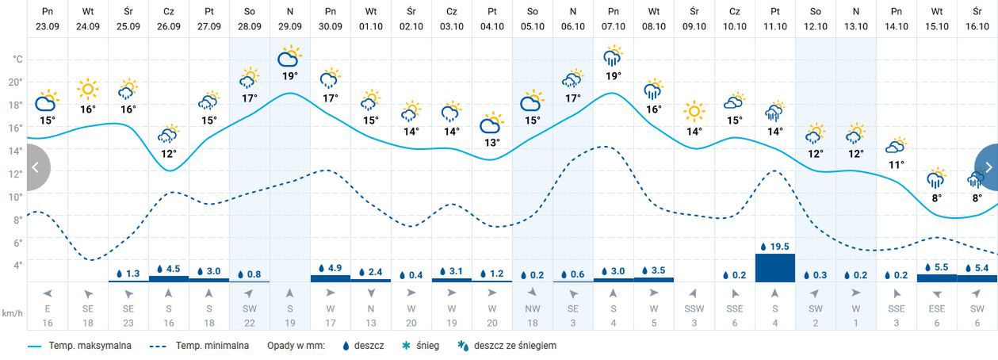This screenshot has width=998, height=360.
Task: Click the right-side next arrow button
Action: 988,167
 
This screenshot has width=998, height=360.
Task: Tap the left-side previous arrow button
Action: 36,167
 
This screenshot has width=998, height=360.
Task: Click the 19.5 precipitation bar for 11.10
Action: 775,267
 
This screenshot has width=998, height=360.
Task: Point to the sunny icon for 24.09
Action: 87,90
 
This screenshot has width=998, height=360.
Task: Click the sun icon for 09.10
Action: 694,112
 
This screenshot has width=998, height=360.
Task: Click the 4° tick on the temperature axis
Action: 15,265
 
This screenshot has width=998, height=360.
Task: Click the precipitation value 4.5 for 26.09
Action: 169,269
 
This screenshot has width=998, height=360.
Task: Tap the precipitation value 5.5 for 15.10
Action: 936,268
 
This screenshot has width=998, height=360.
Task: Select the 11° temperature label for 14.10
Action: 896,165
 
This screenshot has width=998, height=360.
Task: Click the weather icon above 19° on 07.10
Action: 613,56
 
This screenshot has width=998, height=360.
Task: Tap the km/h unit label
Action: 12,314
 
